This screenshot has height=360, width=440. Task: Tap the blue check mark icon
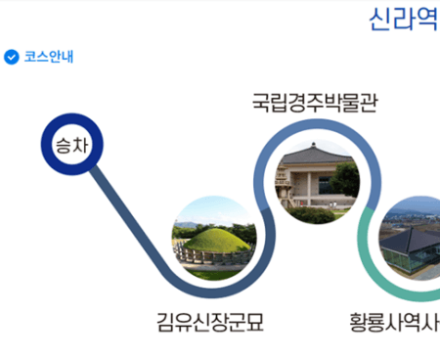[12, 57]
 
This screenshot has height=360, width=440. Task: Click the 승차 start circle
[71, 148]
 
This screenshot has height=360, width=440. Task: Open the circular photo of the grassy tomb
[214, 238]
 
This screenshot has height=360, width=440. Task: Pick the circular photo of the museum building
[316, 179]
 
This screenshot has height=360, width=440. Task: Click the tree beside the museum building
[344, 178]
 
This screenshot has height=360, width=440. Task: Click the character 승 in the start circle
[63, 148]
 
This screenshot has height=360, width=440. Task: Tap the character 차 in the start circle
[80, 148]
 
